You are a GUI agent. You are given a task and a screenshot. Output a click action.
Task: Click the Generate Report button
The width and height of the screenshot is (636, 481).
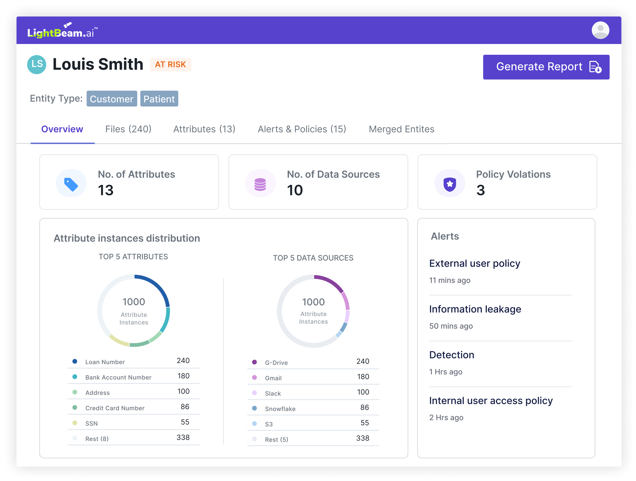point(546,67)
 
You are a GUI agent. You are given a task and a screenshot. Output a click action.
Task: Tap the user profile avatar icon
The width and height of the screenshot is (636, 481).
point(600,30)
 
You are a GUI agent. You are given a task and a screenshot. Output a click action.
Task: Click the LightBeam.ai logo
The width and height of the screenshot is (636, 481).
point(62,31)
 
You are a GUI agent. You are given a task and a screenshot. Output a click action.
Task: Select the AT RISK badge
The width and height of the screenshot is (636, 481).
point(170,64)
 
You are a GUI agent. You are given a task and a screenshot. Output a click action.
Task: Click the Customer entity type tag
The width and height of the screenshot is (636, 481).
point(112,99)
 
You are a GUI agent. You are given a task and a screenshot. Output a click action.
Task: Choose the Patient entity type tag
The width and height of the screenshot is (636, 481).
point(159,99)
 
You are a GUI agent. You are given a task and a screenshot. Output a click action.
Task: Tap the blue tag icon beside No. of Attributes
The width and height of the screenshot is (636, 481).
point(71,184)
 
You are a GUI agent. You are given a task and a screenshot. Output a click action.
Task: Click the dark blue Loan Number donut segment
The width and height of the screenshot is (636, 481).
point(158,287)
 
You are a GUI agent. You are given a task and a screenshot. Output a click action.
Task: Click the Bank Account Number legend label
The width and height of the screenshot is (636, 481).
point(118,377)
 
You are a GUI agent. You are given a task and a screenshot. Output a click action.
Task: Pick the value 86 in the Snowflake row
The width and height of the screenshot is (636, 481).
point(364,407)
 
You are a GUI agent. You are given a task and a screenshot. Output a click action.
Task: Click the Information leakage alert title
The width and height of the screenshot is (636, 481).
point(475,309)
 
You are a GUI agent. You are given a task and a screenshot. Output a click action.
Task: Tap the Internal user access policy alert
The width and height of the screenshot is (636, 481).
point(491,401)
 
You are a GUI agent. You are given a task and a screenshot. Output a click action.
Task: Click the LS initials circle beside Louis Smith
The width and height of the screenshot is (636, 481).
point(37,64)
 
